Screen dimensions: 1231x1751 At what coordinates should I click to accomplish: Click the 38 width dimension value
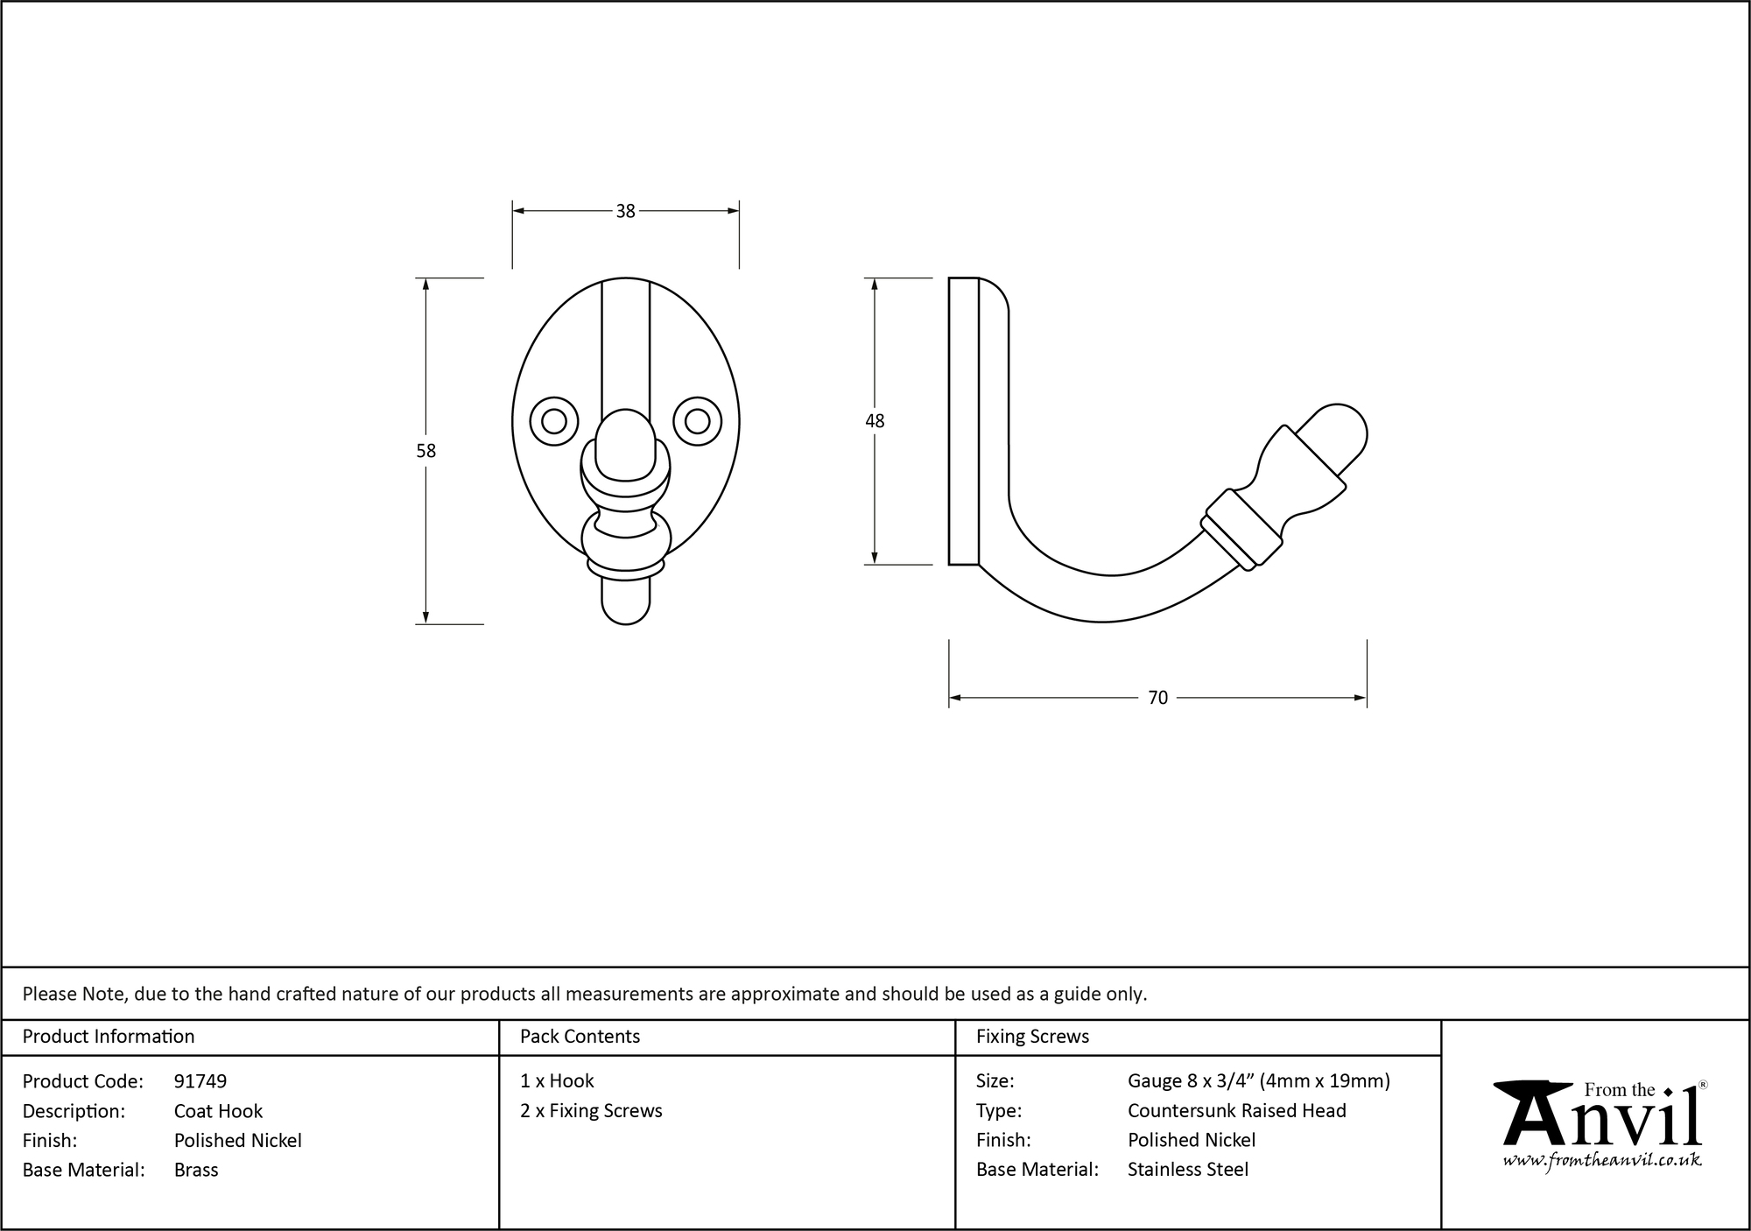click(x=625, y=211)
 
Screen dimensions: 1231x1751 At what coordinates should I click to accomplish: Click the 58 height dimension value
click(x=425, y=451)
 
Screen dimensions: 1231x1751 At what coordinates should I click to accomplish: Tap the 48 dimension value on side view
click(x=875, y=421)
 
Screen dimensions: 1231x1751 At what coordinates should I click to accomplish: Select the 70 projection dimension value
click(x=1157, y=698)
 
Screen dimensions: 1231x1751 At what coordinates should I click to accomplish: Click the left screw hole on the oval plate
click(x=554, y=421)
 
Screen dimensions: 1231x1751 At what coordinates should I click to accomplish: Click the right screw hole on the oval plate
click(x=697, y=421)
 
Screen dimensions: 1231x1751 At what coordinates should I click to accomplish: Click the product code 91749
click(x=200, y=1081)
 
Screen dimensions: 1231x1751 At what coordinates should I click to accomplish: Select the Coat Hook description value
click(x=218, y=1111)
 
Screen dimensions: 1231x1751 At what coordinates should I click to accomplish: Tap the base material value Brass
click(x=196, y=1170)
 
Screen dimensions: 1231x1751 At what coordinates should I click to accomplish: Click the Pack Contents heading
click(x=580, y=1037)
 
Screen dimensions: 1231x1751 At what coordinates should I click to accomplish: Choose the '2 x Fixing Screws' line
click(x=591, y=1111)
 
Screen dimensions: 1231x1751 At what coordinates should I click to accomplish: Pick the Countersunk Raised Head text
click(x=1236, y=1111)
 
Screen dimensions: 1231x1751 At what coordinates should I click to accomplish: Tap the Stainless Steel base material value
click(x=1188, y=1170)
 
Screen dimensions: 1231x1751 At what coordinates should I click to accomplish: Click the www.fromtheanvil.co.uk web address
click(x=1602, y=1160)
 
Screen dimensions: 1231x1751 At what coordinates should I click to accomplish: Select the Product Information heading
click(x=109, y=1037)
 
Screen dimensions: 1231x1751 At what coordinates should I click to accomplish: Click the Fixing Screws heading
click(x=1032, y=1037)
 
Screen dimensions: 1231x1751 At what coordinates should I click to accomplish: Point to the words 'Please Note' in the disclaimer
click(x=74, y=994)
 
